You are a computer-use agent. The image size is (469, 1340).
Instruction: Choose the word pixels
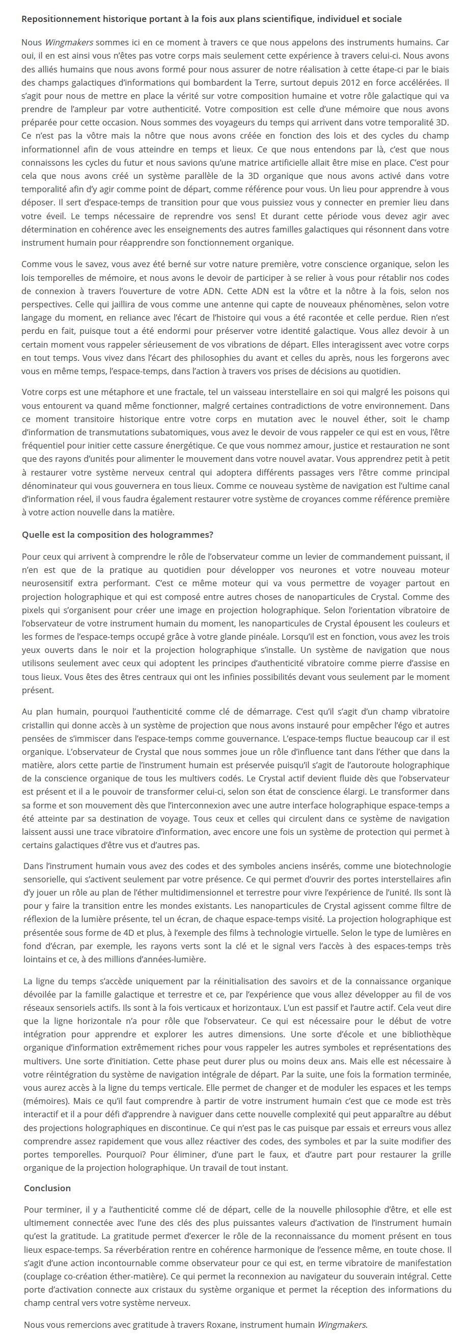(33, 610)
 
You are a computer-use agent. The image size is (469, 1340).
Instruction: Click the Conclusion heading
(47, 1188)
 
